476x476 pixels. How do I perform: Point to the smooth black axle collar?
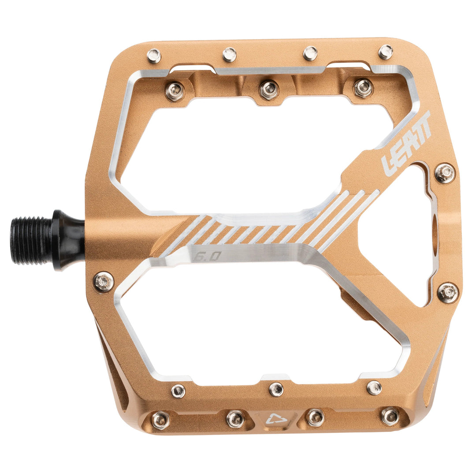pos(68,240)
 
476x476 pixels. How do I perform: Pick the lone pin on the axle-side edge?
pos(104,282)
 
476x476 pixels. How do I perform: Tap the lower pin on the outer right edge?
pos(447,292)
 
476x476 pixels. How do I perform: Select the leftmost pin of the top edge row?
pos(154,56)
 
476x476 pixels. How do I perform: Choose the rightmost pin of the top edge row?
pos(386,52)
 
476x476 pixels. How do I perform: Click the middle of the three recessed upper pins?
pos(269,90)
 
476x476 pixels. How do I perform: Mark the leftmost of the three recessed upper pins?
pos(175,92)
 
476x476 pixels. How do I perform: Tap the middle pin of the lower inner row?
pos(276,389)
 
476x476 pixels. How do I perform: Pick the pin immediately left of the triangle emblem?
pos(235,419)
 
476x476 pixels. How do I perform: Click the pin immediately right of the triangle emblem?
pos(315,417)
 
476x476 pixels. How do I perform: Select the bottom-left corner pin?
pos(160,420)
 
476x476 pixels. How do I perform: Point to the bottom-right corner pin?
pos(390,416)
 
